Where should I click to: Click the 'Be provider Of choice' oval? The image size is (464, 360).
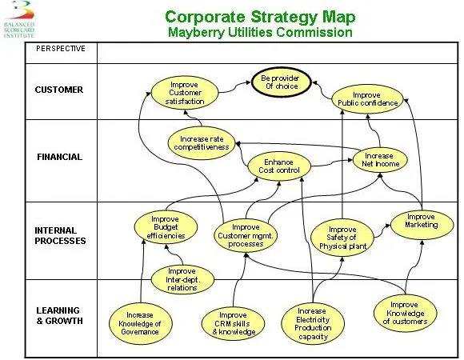tap(281, 82)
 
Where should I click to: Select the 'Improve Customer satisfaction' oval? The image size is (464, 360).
tap(185, 93)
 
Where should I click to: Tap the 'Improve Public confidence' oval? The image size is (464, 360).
tap(367, 99)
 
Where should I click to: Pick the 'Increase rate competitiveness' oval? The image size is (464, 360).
tap(202, 143)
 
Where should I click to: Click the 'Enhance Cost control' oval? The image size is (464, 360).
tap(279, 166)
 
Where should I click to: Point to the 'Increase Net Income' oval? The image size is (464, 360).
tap(380, 160)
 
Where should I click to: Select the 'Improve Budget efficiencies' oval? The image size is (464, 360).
tap(166, 227)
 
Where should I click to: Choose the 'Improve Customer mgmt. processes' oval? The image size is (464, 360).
tap(246, 235)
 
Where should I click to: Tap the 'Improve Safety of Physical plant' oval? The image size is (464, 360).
tap(342, 238)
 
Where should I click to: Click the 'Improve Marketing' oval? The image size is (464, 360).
tap(422, 225)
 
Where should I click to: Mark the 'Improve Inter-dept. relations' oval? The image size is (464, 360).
tap(182, 279)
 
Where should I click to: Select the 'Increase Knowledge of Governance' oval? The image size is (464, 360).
tap(140, 323)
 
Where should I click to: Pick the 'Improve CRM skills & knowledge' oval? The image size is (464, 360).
tap(233, 324)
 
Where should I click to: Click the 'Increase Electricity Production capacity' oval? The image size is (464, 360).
tap(313, 324)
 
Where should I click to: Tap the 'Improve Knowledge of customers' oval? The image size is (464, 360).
tap(405, 314)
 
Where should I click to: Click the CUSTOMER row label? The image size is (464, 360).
tap(59, 90)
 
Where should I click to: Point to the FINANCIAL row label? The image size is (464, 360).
tap(59, 157)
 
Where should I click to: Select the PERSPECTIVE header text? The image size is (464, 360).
tap(61, 49)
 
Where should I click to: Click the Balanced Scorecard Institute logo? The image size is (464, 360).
tap(19, 19)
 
